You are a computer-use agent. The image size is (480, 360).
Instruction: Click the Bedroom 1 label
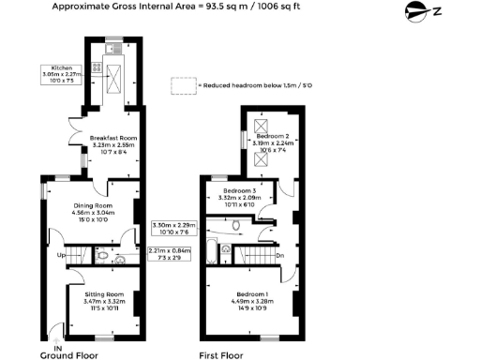[x=252, y=296]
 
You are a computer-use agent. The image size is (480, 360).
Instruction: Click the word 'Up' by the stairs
[x=63, y=254]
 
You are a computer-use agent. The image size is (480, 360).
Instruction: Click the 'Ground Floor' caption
[x=70, y=356]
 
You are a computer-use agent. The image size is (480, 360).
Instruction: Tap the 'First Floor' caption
[x=221, y=356]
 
